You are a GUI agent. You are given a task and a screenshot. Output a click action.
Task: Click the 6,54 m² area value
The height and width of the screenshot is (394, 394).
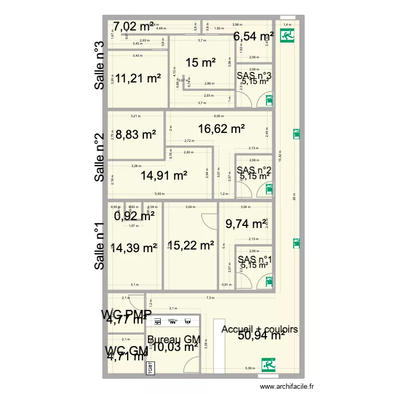point(254,36)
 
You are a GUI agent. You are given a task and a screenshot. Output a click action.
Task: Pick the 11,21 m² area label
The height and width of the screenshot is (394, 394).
point(138,79)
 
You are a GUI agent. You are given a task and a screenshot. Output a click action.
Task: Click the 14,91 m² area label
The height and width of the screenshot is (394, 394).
point(164,175)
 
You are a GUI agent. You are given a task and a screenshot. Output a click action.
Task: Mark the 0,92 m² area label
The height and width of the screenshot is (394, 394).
point(134,215)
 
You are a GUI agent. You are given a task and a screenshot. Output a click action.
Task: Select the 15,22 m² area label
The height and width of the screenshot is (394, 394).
point(191,245)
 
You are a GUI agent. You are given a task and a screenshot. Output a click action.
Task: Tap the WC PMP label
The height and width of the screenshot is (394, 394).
point(127,314)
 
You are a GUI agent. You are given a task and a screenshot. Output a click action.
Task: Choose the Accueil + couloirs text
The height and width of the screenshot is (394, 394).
point(260,329)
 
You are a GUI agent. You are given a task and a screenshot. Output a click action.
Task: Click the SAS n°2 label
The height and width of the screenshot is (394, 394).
point(254,170)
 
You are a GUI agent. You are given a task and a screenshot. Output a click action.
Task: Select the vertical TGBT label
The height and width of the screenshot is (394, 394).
point(149,368)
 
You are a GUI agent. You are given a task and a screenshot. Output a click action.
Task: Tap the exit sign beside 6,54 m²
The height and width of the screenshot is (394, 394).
point(287,36)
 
